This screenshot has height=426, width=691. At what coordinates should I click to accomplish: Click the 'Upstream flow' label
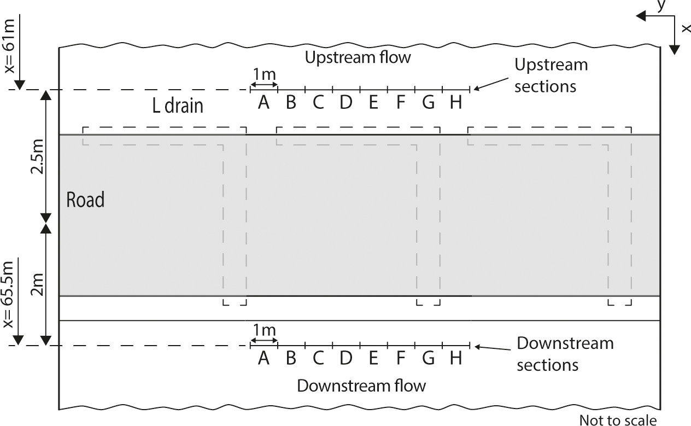click(x=358, y=57)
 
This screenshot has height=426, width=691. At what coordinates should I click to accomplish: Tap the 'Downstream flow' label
click(x=361, y=386)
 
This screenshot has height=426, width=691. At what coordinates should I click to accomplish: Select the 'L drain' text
click(x=177, y=105)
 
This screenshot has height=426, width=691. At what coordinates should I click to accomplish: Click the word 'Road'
click(x=85, y=200)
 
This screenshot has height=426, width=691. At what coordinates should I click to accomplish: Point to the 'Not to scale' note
click(x=618, y=420)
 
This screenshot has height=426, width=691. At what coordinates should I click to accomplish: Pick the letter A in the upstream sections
click(x=264, y=102)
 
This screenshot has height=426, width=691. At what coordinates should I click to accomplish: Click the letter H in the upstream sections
click(x=455, y=102)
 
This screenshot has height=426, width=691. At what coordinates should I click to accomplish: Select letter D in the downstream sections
click(x=345, y=358)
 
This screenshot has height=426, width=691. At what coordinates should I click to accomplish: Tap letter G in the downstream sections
click(x=428, y=358)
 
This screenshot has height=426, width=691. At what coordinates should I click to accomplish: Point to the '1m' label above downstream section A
click(x=264, y=331)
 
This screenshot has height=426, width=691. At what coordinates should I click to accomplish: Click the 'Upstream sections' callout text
click(x=550, y=75)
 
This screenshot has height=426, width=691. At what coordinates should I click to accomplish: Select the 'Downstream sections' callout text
click(x=564, y=353)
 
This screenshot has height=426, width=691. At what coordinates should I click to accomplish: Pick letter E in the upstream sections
click(x=373, y=102)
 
